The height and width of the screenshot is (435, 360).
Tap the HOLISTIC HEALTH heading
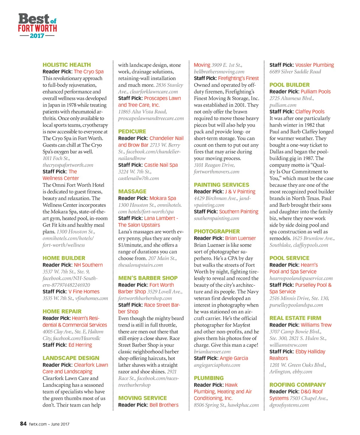pos(66,65)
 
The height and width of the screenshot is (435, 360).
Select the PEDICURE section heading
pos(132,131)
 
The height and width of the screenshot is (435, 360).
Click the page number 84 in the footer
pos(23,424)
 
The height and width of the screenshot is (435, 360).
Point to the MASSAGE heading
pos(132,191)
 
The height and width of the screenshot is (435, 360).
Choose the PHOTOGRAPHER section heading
pos(217,231)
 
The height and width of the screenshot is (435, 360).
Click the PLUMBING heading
pos(208,378)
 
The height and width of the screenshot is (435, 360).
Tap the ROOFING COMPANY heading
pos(297,385)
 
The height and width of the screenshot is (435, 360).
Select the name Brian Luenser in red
pos(240,238)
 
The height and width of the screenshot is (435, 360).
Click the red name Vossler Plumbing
pos(314,65)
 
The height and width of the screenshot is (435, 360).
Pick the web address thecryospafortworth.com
pos(68,165)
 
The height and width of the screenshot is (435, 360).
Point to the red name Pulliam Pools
pos(315,91)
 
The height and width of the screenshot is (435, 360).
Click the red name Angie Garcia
pos(233,358)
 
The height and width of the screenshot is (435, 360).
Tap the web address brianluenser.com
pos(212,351)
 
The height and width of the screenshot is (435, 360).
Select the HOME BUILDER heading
pos(64,258)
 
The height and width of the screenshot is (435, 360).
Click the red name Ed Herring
pos(80,345)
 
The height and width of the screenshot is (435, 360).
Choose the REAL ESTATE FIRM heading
pos(295,318)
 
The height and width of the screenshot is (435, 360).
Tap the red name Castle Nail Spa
pos(161,165)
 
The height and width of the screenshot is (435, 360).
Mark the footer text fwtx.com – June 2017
pos(49,424)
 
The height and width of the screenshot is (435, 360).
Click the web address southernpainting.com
pos(216,218)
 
